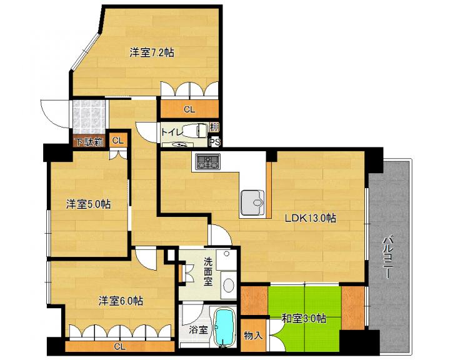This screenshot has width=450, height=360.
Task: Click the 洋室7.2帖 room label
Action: (x=152, y=52)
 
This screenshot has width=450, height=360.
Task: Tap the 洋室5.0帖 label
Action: (x=88, y=204)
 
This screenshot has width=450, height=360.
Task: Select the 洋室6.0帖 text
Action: (x=121, y=301)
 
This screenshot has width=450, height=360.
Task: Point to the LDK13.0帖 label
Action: (x=310, y=218)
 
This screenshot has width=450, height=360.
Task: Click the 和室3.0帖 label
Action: (x=304, y=318)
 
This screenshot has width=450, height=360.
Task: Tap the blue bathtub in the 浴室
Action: (x=226, y=327)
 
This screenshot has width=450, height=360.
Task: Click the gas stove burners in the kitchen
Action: (x=207, y=161)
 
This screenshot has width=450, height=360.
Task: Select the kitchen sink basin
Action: (x=252, y=202)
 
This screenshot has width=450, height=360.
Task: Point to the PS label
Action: (x=214, y=142)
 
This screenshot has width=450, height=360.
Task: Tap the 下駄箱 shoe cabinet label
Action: (x=89, y=142)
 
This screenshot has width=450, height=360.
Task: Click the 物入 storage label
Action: (x=253, y=335)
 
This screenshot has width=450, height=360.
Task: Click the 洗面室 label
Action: (x=208, y=271)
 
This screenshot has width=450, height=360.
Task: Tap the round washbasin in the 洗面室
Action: (x=229, y=286)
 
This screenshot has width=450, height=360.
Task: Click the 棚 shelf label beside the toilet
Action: (x=214, y=127)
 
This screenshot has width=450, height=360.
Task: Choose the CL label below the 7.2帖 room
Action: (x=189, y=109)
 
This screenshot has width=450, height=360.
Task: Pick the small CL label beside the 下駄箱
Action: (x=118, y=141)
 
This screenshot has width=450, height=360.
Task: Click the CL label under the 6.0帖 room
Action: (x=119, y=346)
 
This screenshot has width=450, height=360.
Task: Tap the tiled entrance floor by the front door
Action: (x=89, y=117)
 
